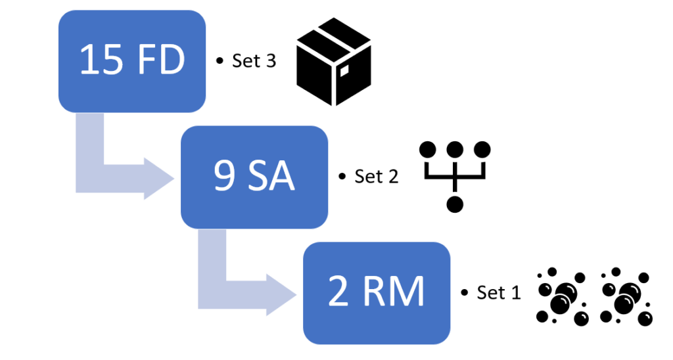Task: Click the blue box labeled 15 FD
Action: pyautogui.click(x=132, y=61)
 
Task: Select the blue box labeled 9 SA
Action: pyautogui.click(x=254, y=177)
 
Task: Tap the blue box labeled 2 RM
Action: pyautogui.click(x=377, y=293)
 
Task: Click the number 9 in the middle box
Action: pyautogui.click(x=225, y=175)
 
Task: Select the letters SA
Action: pyautogui.click(x=271, y=175)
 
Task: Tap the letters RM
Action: pyautogui.click(x=394, y=291)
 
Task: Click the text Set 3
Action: pyautogui.click(x=254, y=61)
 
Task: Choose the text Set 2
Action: pyautogui.click(x=377, y=176)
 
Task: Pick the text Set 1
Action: pyautogui.click(x=499, y=292)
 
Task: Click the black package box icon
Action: pyautogui.click(x=334, y=62)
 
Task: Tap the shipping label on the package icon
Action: pyautogui.click(x=344, y=70)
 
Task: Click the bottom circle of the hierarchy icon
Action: pyautogui.click(x=455, y=204)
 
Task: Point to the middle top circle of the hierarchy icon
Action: pyautogui.click(x=455, y=150)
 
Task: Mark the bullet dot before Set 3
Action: pyautogui.click(x=220, y=61)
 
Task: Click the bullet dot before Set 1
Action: pyautogui.click(x=465, y=292)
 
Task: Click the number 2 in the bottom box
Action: pyautogui.click(x=338, y=291)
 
